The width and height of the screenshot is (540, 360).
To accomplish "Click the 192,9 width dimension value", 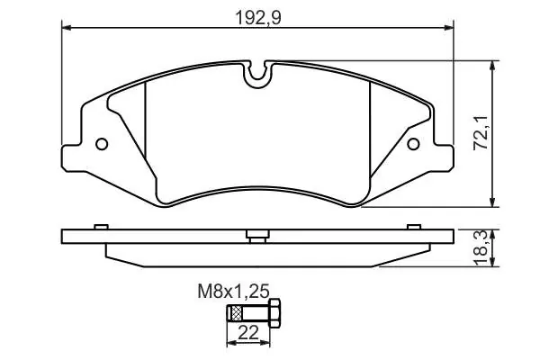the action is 258,18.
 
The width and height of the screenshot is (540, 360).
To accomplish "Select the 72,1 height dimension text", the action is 481,132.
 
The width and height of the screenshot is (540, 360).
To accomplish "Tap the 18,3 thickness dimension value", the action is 481,248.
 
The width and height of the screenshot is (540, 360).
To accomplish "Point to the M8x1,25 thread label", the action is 233,292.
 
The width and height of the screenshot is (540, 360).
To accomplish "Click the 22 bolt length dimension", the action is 248,333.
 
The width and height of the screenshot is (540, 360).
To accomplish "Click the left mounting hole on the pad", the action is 102,144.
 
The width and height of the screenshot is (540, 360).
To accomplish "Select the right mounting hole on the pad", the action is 413,144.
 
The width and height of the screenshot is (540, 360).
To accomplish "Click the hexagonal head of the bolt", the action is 274,313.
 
